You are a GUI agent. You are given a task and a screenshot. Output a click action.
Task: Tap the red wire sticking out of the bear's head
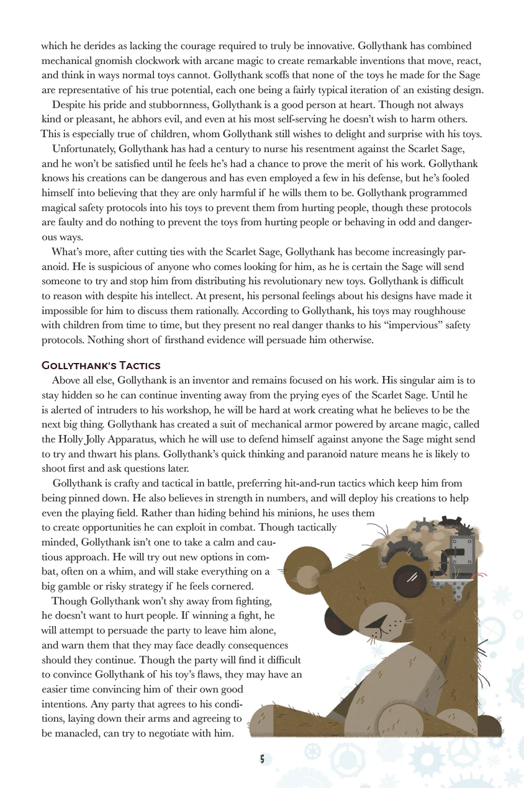(478, 576)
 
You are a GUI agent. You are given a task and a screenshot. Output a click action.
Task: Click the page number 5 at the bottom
(262, 758)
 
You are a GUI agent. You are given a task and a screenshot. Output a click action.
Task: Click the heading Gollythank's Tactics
(101, 365)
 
